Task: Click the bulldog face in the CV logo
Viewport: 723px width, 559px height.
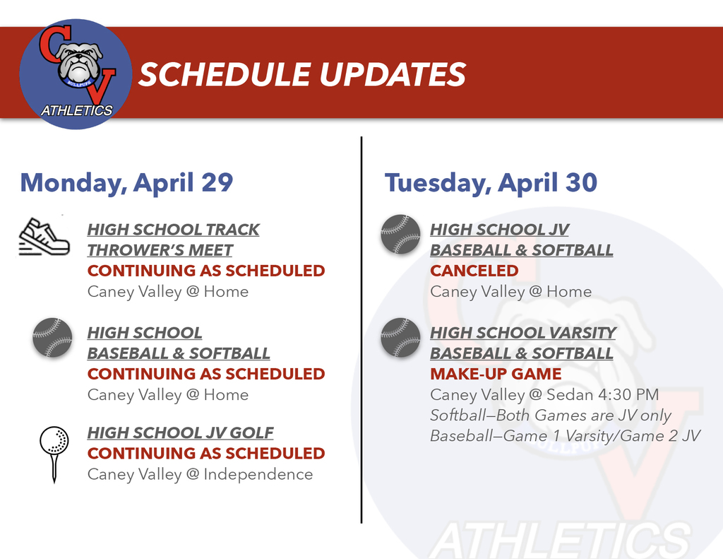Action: (78, 62)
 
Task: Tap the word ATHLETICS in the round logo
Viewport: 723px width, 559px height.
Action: (76, 110)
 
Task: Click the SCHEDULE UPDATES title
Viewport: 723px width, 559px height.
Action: (301, 74)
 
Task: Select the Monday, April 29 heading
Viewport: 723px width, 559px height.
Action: (126, 182)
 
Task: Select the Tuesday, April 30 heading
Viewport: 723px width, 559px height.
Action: (491, 182)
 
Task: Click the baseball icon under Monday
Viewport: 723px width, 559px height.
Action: (52, 337)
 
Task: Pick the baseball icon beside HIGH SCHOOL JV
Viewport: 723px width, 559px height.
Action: (400, 234)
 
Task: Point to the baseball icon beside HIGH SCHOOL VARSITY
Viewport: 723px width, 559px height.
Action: (400, 337)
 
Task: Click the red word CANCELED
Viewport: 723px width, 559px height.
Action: (474, 271)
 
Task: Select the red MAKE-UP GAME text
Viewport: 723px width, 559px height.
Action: (496, 374)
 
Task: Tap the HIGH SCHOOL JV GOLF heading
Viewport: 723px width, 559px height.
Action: (180, 433)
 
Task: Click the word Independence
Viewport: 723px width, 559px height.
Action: (258, 474)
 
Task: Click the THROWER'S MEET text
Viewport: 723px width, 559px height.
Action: (160, 250)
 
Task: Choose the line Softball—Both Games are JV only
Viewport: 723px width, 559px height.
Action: (551, 415)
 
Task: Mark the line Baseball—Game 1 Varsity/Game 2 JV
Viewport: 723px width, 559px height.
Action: (565, 436)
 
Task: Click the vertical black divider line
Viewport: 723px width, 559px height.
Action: (361, 332)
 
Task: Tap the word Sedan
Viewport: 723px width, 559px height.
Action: (569, 394)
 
